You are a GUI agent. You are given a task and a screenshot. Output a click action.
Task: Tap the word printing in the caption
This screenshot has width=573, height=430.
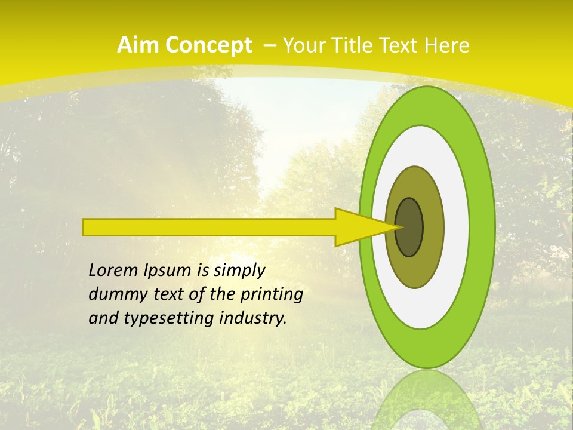[271, 295]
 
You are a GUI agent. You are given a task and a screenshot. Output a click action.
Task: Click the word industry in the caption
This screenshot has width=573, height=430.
[253, 318]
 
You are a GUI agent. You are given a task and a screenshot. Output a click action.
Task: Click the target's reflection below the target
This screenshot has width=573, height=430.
[426, 400]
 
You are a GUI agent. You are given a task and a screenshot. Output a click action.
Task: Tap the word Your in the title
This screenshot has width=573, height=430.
[302, 45]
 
